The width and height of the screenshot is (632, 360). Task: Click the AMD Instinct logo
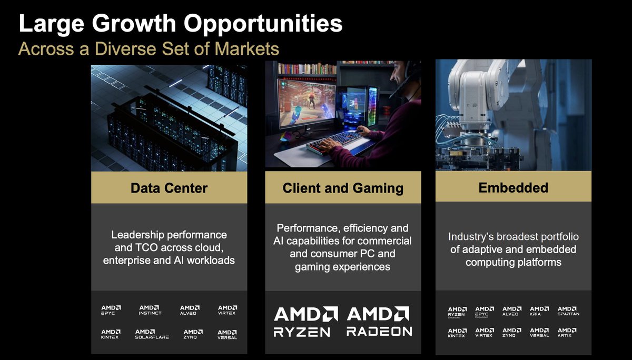click(150, 310)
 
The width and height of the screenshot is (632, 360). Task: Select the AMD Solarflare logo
click(152, 334)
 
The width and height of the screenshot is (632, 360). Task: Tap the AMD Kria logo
click(539, 311)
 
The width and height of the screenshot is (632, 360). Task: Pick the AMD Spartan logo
click(568, 311)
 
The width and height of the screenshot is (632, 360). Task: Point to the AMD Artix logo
click(567, 333)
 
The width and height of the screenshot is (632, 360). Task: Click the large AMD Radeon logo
click(379, 321)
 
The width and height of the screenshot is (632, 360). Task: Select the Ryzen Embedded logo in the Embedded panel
click(456, 312)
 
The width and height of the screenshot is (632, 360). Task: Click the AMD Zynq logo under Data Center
click(191, 334)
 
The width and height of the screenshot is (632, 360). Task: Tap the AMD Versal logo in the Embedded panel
click(539, 333)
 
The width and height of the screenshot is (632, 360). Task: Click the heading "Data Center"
click(169, 188)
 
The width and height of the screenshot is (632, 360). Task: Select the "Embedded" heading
click(513, 187)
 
